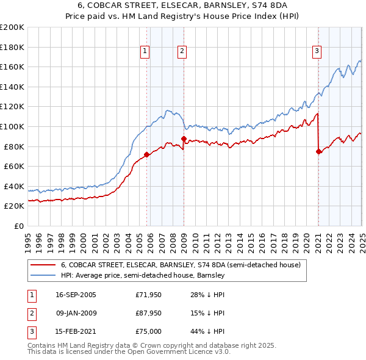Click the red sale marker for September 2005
[146, 154]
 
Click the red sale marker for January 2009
[184, 139]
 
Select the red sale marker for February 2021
[318, 152]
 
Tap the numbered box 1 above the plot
[145, 51]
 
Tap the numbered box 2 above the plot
[182, 51]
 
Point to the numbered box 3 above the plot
[317, 51]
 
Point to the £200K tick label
[12, 27]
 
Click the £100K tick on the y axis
[12, 126]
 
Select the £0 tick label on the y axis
[19, 226]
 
